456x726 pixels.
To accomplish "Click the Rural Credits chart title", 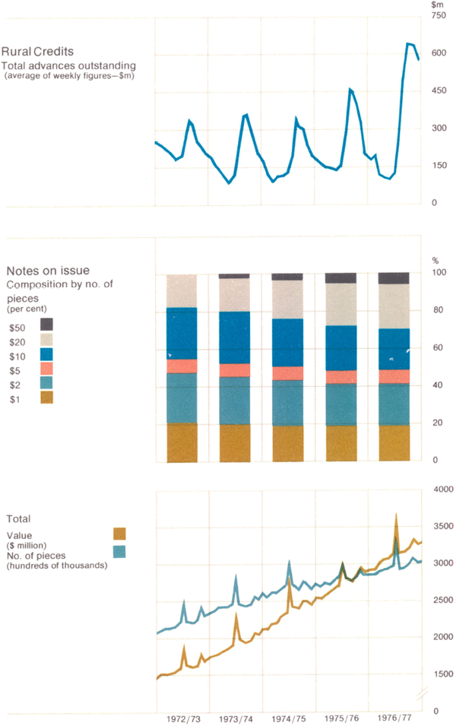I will click(x=38, y=52).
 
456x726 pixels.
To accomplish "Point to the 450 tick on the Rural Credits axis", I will click(x=438, y=91).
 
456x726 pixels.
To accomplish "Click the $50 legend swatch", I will click(x=46, y=323).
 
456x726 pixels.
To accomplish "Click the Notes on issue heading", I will click(x=48, y=271).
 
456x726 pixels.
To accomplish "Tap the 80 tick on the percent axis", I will click(x=436, y=310).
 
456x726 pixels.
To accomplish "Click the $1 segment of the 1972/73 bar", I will click(x=182, y=442).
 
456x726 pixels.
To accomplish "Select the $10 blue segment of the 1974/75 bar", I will click(x=287, y=343).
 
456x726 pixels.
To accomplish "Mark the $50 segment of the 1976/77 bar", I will click(x=394, y=278).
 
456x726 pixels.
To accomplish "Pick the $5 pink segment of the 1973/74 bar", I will click(x=235, y=370).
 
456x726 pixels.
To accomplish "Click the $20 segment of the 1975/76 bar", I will click(x=340, y=305).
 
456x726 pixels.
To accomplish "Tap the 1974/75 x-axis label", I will click(x=288, y=718).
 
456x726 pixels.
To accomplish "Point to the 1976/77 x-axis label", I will click(x=394, y=718).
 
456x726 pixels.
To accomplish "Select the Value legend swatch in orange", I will click(x=119, y=533).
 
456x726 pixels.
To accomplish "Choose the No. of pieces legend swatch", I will click(x=119, y=551).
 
